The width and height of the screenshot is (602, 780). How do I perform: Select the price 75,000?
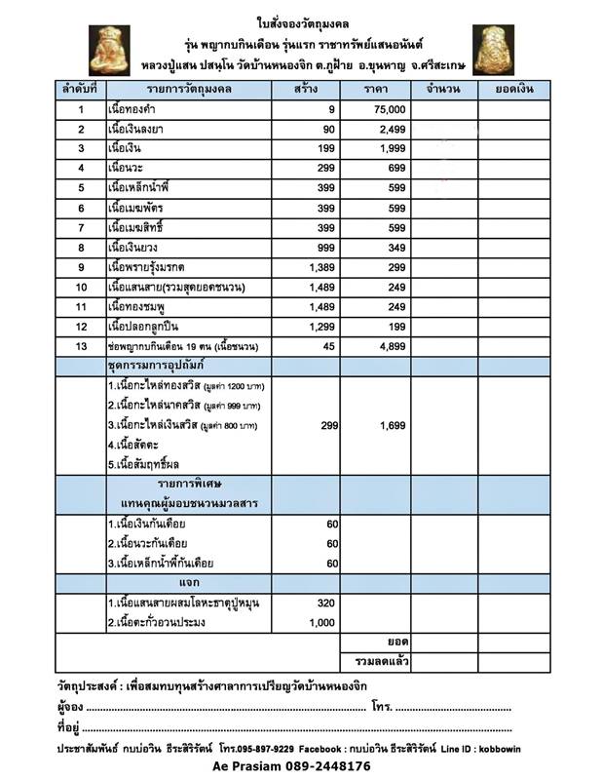click(x=388, y=112)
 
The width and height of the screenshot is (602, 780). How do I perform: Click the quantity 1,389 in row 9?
click(x=318, y=266)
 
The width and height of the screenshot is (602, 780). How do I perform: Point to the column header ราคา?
click(x=373, y=90)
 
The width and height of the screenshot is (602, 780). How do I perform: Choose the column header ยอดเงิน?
click(x=511, y=90)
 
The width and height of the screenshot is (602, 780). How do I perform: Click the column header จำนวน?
click(x=443, y=90)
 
